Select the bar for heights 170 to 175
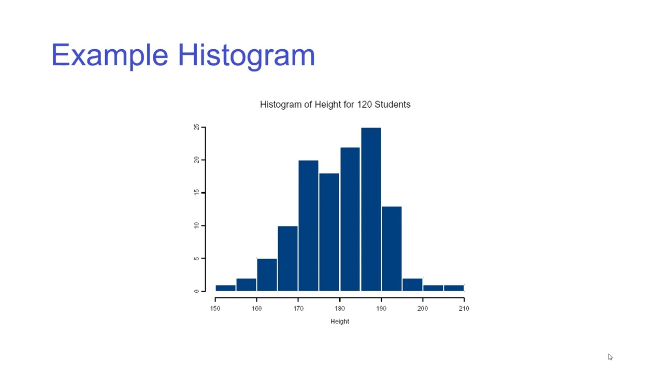[308, 225]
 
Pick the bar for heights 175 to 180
[329, 232]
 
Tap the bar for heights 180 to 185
[350, 219]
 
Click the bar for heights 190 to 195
[392, 249]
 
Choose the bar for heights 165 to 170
[287, 259]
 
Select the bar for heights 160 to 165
[267, 275]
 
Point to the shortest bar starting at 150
[225, 288]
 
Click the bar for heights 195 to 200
[412, 285]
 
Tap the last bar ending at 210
[454, 288]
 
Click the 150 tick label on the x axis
[215, 308]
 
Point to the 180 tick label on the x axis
[340, 308]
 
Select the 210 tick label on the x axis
[464, 308]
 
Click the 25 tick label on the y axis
[196, 127]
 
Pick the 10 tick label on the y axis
[196, 225]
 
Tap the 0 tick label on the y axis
[196, 291]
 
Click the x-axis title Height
[340, 321]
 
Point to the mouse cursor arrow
[610, 357]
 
